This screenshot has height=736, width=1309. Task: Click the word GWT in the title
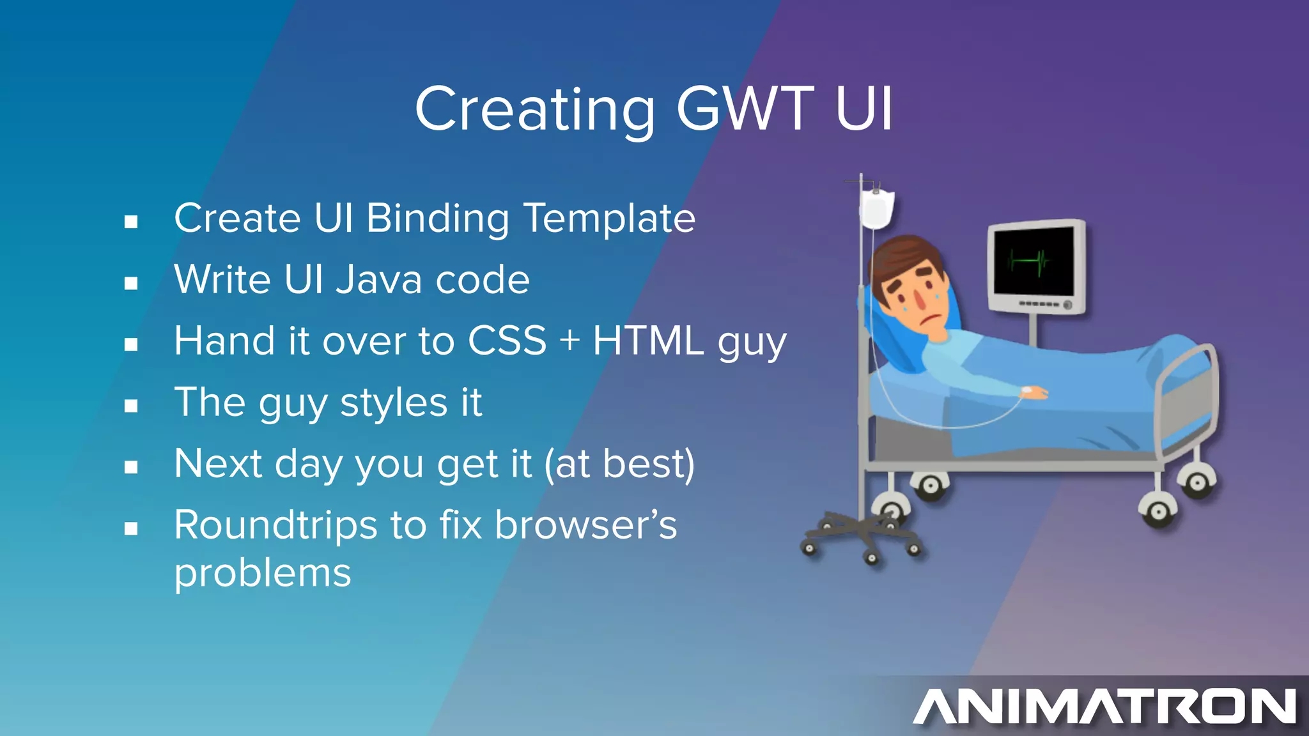[745, 110]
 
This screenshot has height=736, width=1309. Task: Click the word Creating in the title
[534, 110]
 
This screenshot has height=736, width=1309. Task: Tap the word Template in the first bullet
[609, 219]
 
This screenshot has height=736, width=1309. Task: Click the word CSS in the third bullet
[507, 341]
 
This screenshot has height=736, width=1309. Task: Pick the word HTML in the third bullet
[648, 341]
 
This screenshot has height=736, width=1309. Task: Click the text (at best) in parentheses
[619, 464]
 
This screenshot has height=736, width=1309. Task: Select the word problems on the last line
[263, 573]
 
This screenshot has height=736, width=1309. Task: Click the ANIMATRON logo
[1104, 706]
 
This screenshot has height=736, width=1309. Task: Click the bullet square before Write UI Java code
[131, 283]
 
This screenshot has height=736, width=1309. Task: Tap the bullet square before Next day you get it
[131, 467]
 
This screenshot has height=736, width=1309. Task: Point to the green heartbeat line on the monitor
[1029, 261]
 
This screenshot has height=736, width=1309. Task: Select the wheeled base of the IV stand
[860, 533]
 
